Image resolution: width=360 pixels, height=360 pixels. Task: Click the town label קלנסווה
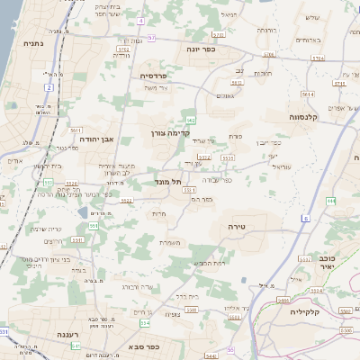tap(285, 117)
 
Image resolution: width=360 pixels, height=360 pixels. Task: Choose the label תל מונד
tap(169, 181)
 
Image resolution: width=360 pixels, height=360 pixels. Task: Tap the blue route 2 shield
tap(47, 86)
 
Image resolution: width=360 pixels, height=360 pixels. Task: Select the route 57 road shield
tap(151, 38)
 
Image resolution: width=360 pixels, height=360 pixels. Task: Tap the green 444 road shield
tap(330, 200)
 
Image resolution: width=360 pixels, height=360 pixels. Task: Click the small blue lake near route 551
tap(84, 212)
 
